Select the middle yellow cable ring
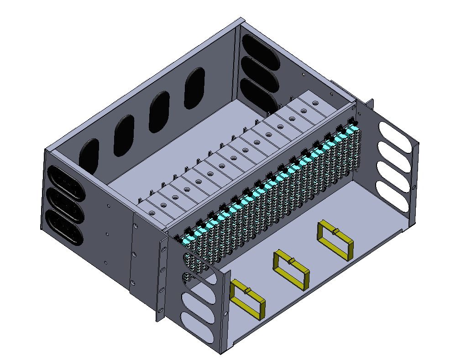click(x=291, y=270)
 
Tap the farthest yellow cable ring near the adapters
click(x=335, y=240)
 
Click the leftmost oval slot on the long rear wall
click(x=89, y=156)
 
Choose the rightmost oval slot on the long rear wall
click(x=194, y=88)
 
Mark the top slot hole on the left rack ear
click(x=162, y=247)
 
